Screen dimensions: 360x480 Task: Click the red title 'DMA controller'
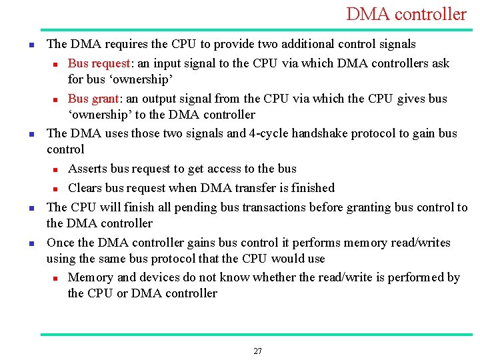pos(406,14)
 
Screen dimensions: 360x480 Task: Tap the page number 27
pos(258,351)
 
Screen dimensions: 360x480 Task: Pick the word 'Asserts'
pos(89,169)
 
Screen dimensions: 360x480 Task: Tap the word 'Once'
pos(61,243)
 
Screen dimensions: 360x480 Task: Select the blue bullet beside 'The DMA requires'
pos(31,45)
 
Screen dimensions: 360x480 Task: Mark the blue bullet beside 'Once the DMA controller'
pos(31,243)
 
